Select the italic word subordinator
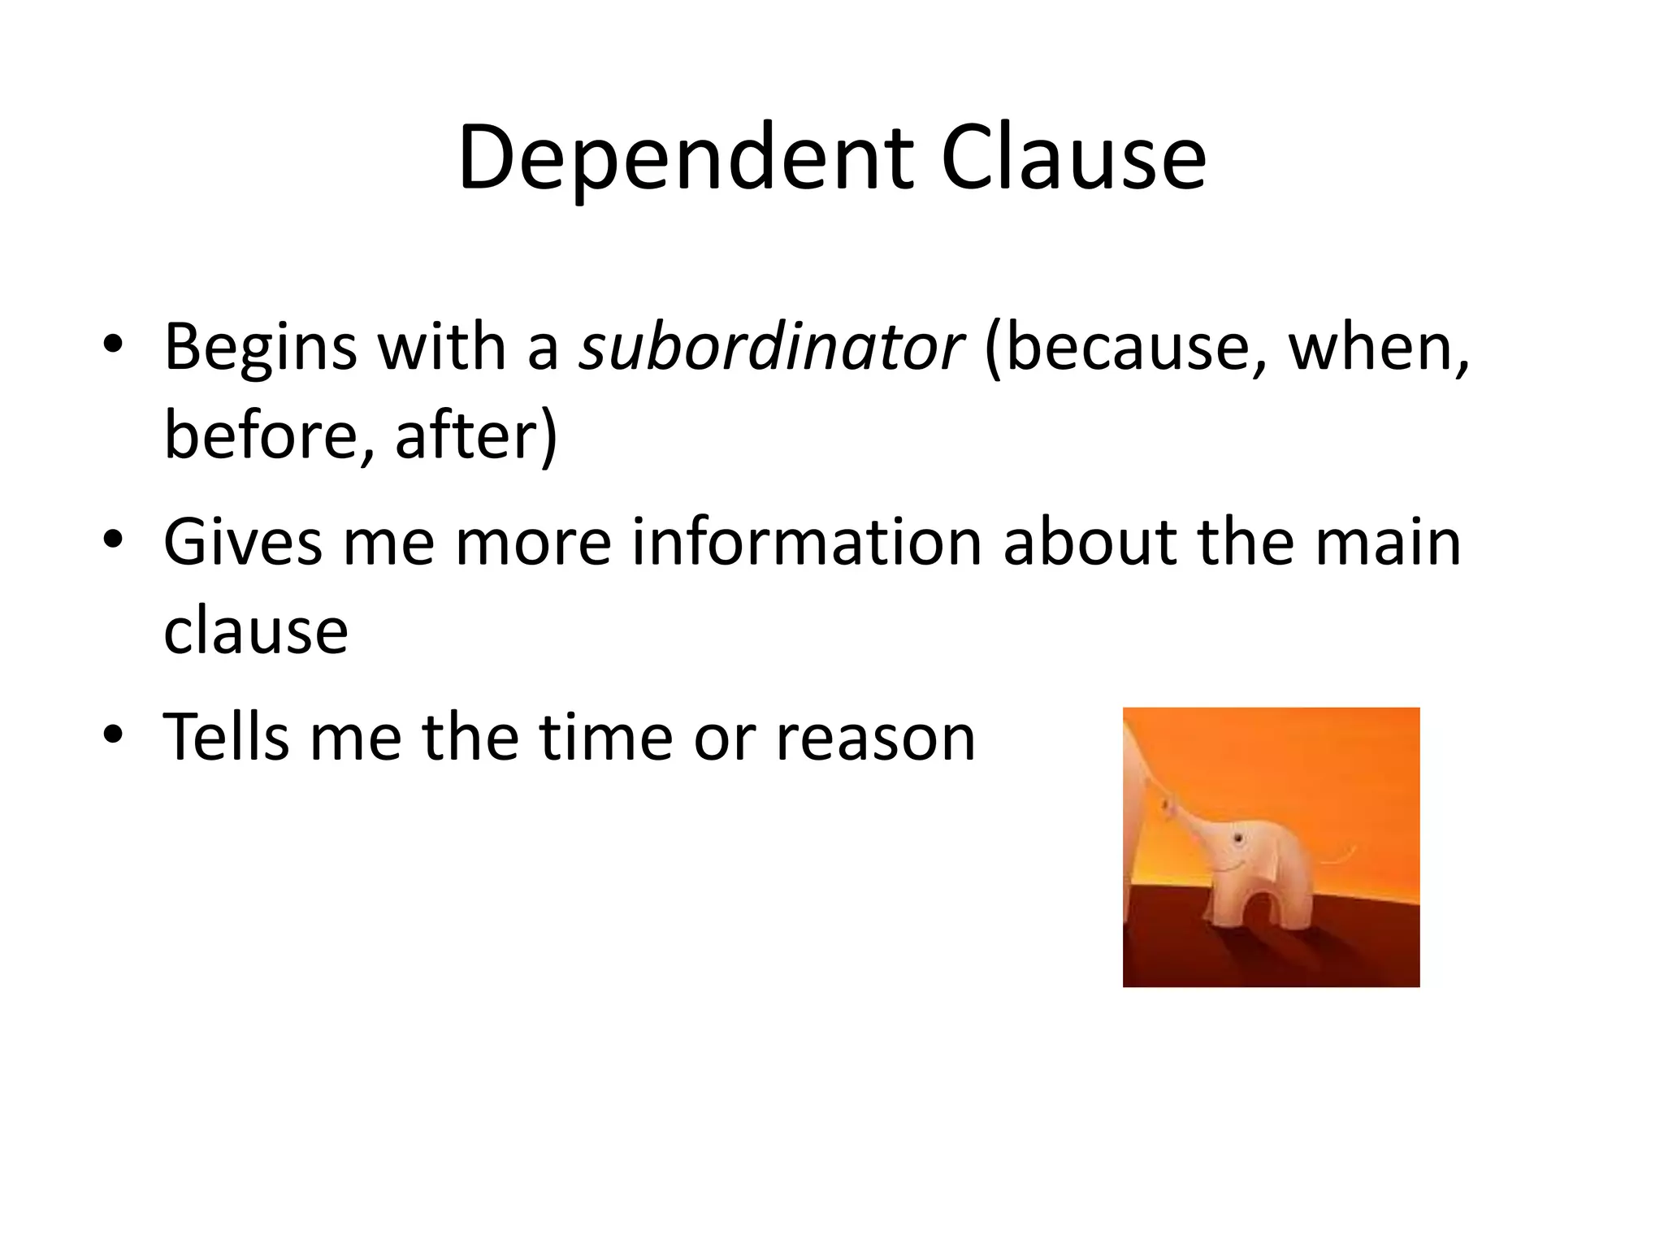pyautogui.click(x=771, y=348)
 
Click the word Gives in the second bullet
pyautogui.click(x=243, y=543)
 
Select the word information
pyautogui.click(x=807, y=543)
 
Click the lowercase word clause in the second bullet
pyautogui.click(x=256, y=631)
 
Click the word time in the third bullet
pyautogui.click(x=604, y=738)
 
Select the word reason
pyautogui.click(x=875, y=738)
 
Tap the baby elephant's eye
pyautogui.click(x=1237, y=838)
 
